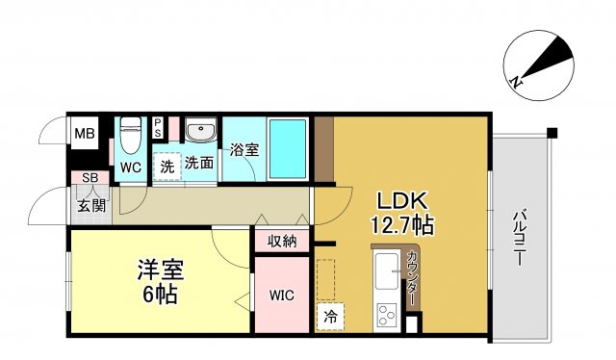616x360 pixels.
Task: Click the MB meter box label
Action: (85, 133)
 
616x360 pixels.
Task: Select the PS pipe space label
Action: (159, 127)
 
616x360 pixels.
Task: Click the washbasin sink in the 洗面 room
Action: (201, 132)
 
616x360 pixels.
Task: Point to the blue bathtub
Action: (287, 149)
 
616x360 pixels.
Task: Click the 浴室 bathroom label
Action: (244, 150)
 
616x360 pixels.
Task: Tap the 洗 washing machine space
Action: (167, 165)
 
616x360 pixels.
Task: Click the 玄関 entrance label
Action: (91, 204)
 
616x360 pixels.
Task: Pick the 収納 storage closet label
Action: (282, 240)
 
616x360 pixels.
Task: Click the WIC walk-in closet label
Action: (281, 295)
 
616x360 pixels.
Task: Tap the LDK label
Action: (399, 202)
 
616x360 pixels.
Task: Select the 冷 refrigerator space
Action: (329, 313)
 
